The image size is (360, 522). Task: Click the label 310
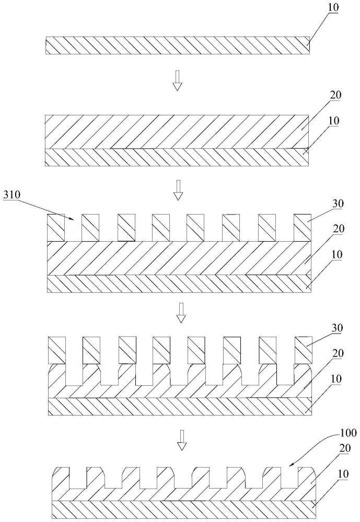11,195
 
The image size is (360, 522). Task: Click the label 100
349,433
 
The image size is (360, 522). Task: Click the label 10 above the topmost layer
333,8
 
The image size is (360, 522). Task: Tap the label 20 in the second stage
335,95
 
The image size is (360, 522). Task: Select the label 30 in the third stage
338,204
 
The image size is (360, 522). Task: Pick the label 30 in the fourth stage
338,328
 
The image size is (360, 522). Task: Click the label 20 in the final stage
345,448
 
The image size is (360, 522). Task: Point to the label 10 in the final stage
343,474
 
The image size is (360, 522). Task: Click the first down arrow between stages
177,80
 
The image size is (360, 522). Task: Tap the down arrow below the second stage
178,190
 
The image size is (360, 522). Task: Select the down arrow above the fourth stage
181,313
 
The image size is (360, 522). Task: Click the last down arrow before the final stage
182,440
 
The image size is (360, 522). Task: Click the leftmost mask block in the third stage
56,228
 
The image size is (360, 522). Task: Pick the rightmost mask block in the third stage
303,228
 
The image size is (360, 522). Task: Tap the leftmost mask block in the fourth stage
57,350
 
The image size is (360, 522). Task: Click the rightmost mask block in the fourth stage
304,350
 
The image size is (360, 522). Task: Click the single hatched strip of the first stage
178,45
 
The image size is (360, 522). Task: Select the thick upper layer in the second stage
177,132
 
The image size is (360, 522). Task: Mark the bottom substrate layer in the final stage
183,509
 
